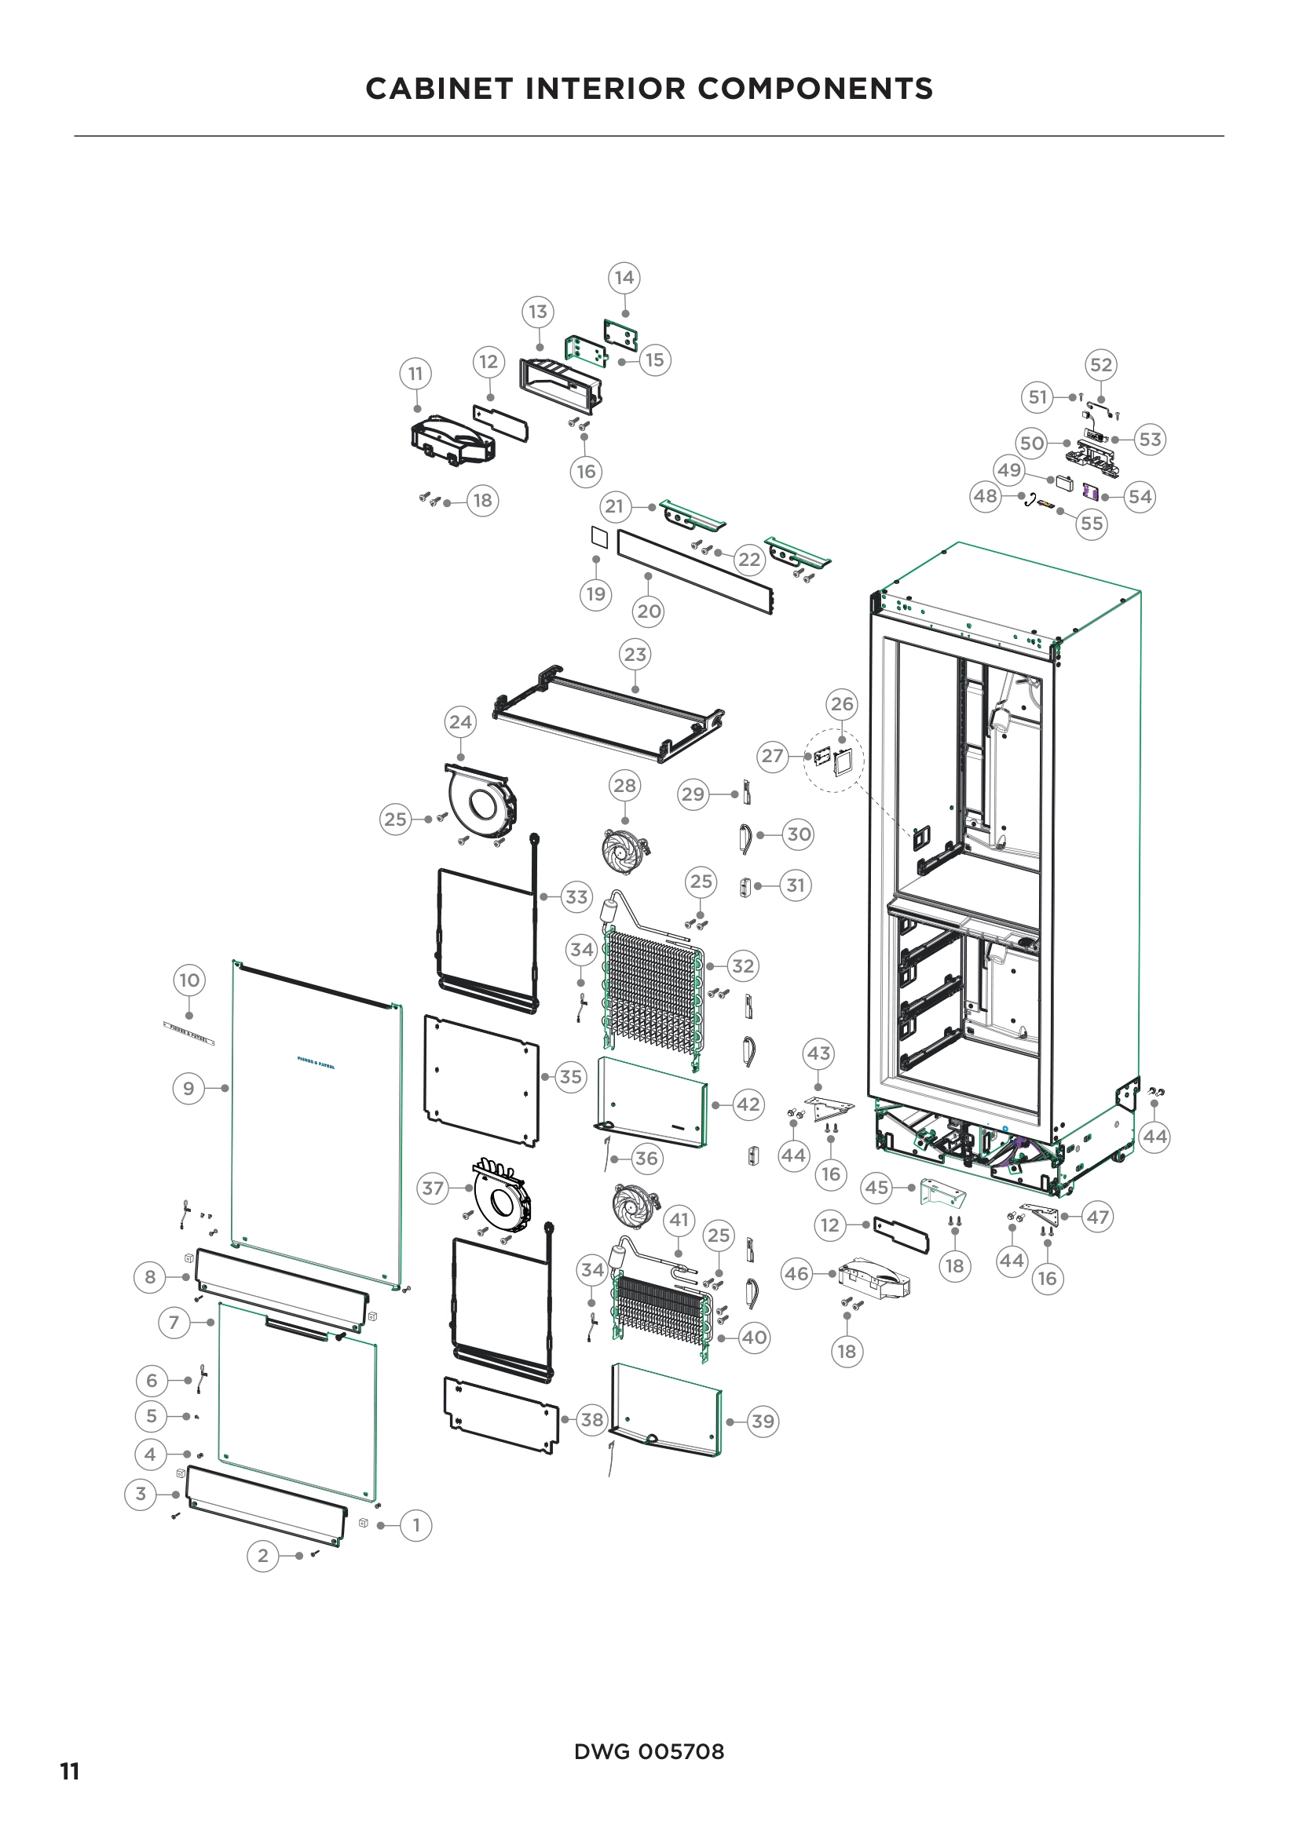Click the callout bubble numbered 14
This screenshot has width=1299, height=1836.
[624, 277]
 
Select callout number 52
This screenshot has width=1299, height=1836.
[1100, 365]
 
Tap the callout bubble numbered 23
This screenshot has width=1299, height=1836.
[635, 654]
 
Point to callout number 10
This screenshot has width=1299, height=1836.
[188, 980]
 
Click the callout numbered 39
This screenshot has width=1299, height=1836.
[763, 1421]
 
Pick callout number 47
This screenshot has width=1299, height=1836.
[1097, 1217]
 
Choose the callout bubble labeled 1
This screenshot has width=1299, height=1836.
[416, 1525]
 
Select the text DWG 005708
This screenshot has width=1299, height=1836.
[649, 1751]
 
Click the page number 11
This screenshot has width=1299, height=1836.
[70, 1771]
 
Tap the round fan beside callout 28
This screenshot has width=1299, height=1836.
[623, 852]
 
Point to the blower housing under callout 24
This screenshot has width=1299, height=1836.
[480, 804]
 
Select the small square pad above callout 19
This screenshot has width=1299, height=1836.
[599, 538]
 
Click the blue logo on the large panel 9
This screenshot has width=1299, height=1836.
[316, 1064]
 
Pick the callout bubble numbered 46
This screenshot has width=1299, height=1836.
[796, 1273]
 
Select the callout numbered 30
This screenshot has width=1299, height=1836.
[798, 834]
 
